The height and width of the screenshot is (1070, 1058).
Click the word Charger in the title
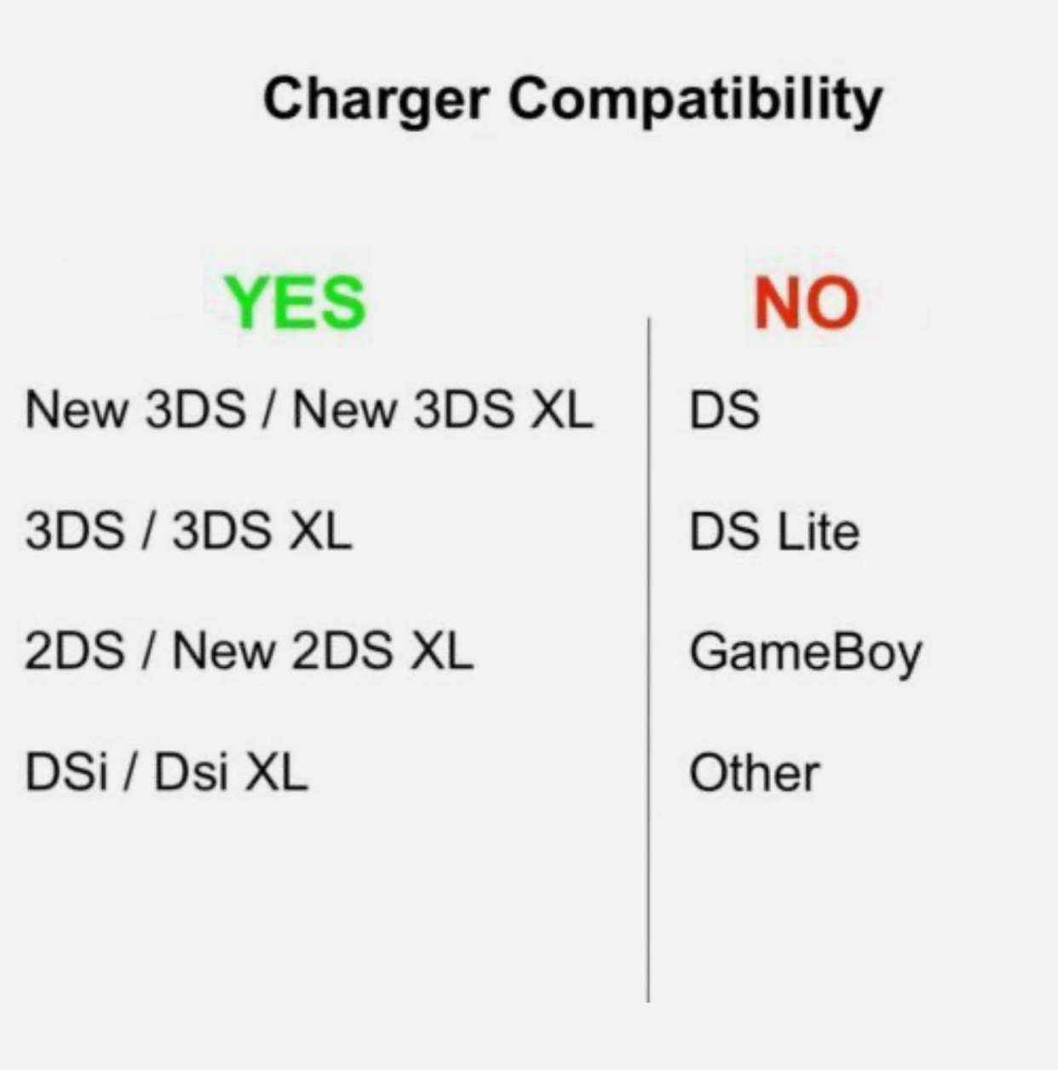click(375, 101)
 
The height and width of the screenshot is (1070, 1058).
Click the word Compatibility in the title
click(695, 101)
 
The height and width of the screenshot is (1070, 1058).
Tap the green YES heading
click(295, 303)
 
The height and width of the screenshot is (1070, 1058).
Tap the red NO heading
click(806, 303)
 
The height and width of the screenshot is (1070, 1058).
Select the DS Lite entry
click(773, 532)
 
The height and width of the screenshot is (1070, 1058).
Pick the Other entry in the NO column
click(753, 774)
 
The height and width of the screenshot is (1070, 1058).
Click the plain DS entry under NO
click(724, 410)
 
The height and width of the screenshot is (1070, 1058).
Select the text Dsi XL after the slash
click(230, 774)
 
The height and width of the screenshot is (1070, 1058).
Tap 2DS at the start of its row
click(74, 653)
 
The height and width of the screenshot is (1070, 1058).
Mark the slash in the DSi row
click(131, 774)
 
